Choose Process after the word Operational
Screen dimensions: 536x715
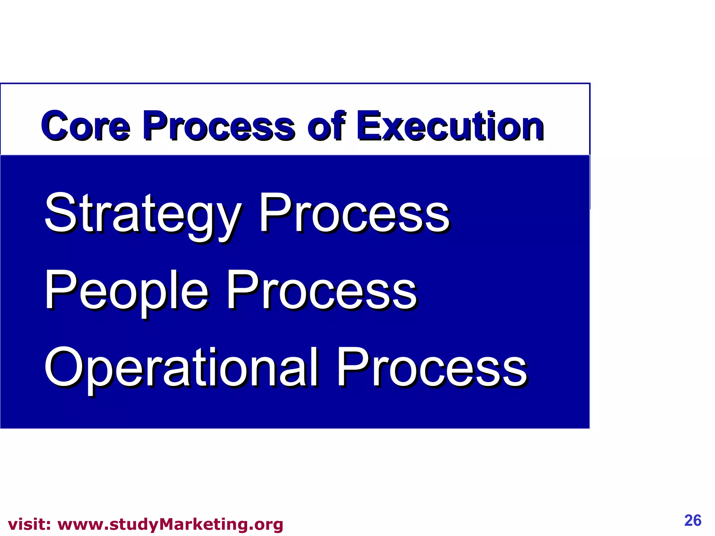pyautogui.click(x=432, y=368)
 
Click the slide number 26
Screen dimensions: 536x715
pyautogui.click(x=693, y=520)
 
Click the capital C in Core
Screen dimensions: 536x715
pyautogui.click(x=55, y=126)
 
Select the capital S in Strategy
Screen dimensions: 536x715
pyautogui.click(x=60, y=213)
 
